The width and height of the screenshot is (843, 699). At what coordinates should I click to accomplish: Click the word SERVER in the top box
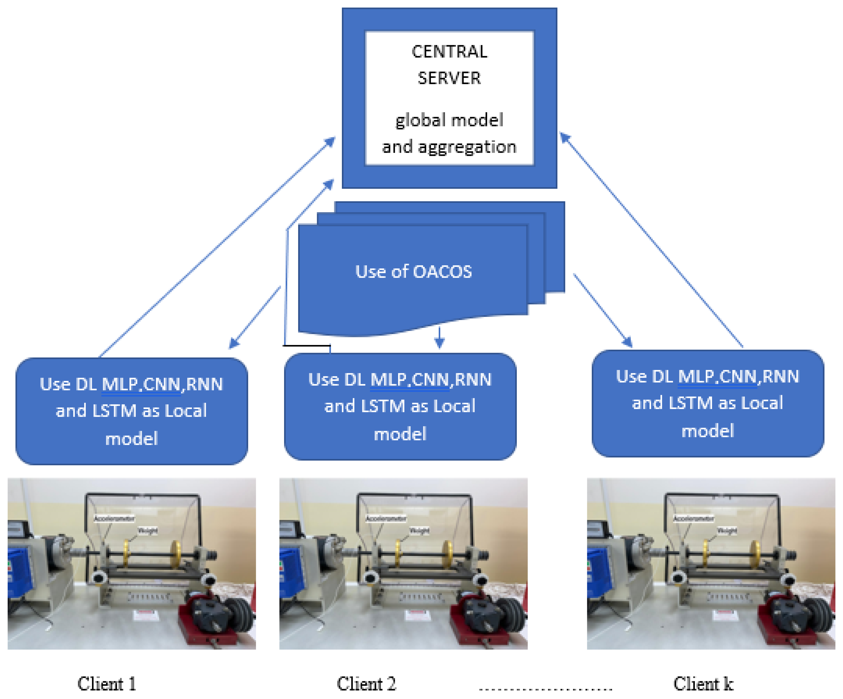pos(449,78)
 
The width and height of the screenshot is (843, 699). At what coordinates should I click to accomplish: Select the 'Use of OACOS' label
pos(414,271)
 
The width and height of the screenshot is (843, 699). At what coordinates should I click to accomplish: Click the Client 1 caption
pos(107,684)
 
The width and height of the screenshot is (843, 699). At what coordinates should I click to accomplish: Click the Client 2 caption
pos(366,684)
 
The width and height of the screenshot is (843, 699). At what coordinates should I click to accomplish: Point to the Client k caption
pos(703,684)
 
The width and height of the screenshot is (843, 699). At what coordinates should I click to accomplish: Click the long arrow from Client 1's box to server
pos(217,247)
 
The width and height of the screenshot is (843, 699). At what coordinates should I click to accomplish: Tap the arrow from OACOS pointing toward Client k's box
pos(602,310)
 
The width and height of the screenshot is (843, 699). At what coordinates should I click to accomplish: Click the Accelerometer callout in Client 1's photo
pos(114,519)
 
